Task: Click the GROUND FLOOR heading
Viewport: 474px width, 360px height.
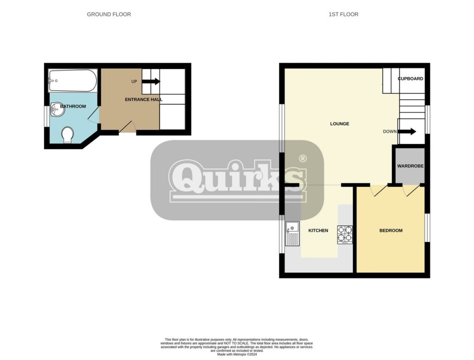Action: coord(109,14)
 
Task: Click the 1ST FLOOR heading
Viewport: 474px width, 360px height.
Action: coord(343,14)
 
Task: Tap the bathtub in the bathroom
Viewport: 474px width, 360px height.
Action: coord(73,81)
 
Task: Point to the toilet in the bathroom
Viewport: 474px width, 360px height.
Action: coord(68,135)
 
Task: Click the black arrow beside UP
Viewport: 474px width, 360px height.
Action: coord(151,81)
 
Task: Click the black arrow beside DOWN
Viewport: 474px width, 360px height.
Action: coord(407,131)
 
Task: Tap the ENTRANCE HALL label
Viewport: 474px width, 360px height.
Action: coord(143,99)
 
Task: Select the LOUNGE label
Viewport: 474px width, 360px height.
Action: coord(339,124)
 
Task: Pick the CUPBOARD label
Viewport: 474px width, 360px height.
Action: coord(410,79)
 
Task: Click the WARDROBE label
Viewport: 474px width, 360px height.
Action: coord(410,166)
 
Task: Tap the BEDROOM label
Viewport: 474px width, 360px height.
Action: coord(391,230)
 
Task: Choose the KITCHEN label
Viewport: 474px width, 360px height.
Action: coord(318,230)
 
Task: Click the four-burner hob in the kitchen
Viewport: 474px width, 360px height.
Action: coord(345,235)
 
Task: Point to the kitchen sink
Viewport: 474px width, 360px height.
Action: coord(293,233)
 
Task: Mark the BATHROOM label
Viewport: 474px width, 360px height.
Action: coord(73,106)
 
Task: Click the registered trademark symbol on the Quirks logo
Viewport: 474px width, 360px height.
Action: coord(302,158)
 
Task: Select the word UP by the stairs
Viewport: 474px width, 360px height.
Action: coord(134,81)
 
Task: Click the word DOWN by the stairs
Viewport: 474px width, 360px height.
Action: coord(390,131)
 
